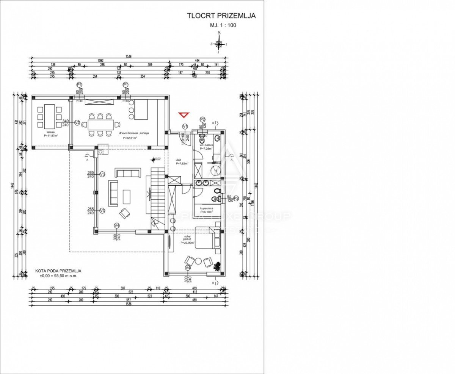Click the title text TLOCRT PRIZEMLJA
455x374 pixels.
[221, 16]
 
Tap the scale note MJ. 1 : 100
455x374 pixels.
[223, 26]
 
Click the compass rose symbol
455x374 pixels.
[219, 44]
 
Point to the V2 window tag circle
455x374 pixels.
[77, 122]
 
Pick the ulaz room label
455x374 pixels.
[178, 160]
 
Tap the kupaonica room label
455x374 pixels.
[207, 208]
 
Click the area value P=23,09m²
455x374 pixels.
[187, 243]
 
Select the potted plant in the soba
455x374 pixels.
[217, 266]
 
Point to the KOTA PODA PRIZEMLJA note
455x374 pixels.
[58, 271]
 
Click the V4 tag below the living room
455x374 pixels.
[117, 226]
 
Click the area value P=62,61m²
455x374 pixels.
[130, 138]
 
